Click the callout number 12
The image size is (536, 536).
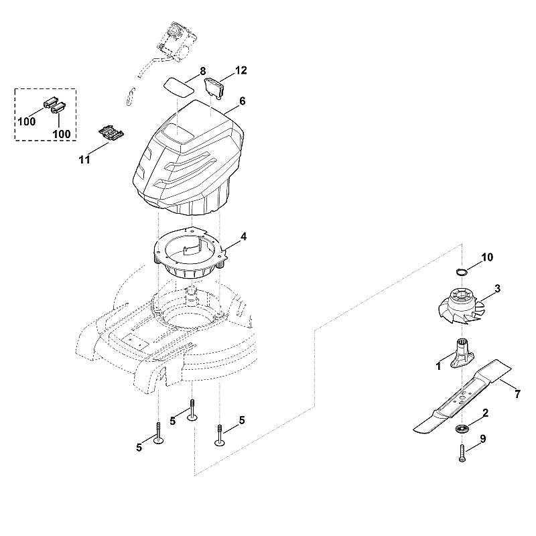tap(241, 70)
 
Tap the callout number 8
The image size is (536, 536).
tap(203, 71)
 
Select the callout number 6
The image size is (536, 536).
tap(242, 101)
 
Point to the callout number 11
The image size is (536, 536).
tap(84, 159)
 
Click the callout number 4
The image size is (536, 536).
tap(243, 237)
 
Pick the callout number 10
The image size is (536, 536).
tap(488, 257)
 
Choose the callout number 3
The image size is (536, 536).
tap(497, 289)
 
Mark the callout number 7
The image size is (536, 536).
tap(517, 394)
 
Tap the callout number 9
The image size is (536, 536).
tap(483, 439)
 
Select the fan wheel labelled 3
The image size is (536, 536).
tap(461, 306)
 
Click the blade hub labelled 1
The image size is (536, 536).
tap(462, 358)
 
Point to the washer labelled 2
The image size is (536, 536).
tap(462, 428)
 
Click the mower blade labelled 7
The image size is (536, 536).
tap(462, 397)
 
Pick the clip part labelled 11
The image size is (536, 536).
tap(111, 133)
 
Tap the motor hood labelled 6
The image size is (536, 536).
tap(188, 157)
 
